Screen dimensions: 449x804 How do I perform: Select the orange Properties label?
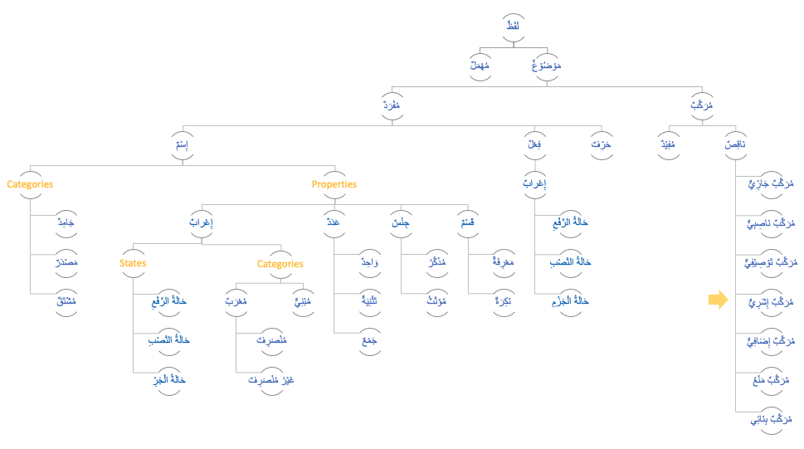point(334,184)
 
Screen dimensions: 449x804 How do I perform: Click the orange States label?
point(133,263)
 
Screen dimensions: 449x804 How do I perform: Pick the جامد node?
point(66,223)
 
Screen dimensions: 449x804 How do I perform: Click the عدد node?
point(334,223)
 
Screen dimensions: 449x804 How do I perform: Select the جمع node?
point(369,341)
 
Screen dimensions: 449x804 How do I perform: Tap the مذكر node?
point(436,262)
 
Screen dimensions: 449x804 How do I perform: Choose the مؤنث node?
point(436,302)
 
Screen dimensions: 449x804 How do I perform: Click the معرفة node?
point(503,262)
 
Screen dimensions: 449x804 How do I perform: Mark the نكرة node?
point(503,302)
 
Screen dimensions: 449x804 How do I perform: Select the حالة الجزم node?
point(569,302)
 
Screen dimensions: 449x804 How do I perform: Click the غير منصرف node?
point(271,380)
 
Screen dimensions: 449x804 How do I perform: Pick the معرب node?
point(236,302)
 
